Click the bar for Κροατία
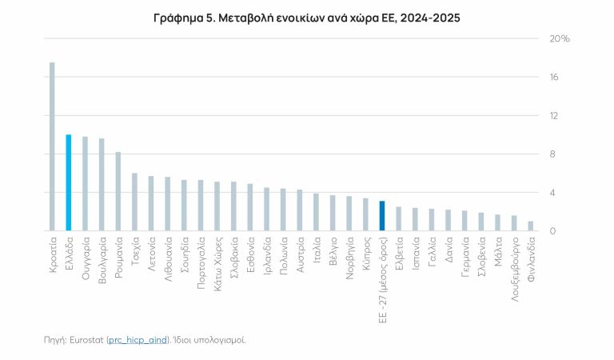pos(52,146)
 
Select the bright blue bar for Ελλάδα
pos(69,182)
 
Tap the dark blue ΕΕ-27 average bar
pos(382,216)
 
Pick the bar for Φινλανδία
pos(531,226)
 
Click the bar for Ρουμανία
pos(118,191)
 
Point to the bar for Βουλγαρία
pos(102,185)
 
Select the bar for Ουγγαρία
pos(85,183)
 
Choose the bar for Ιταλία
pos(317,212)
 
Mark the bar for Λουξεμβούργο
pos(514,223)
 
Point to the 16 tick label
pos(553,77)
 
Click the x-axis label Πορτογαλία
pos(201,258)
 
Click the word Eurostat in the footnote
pos(85,340)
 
